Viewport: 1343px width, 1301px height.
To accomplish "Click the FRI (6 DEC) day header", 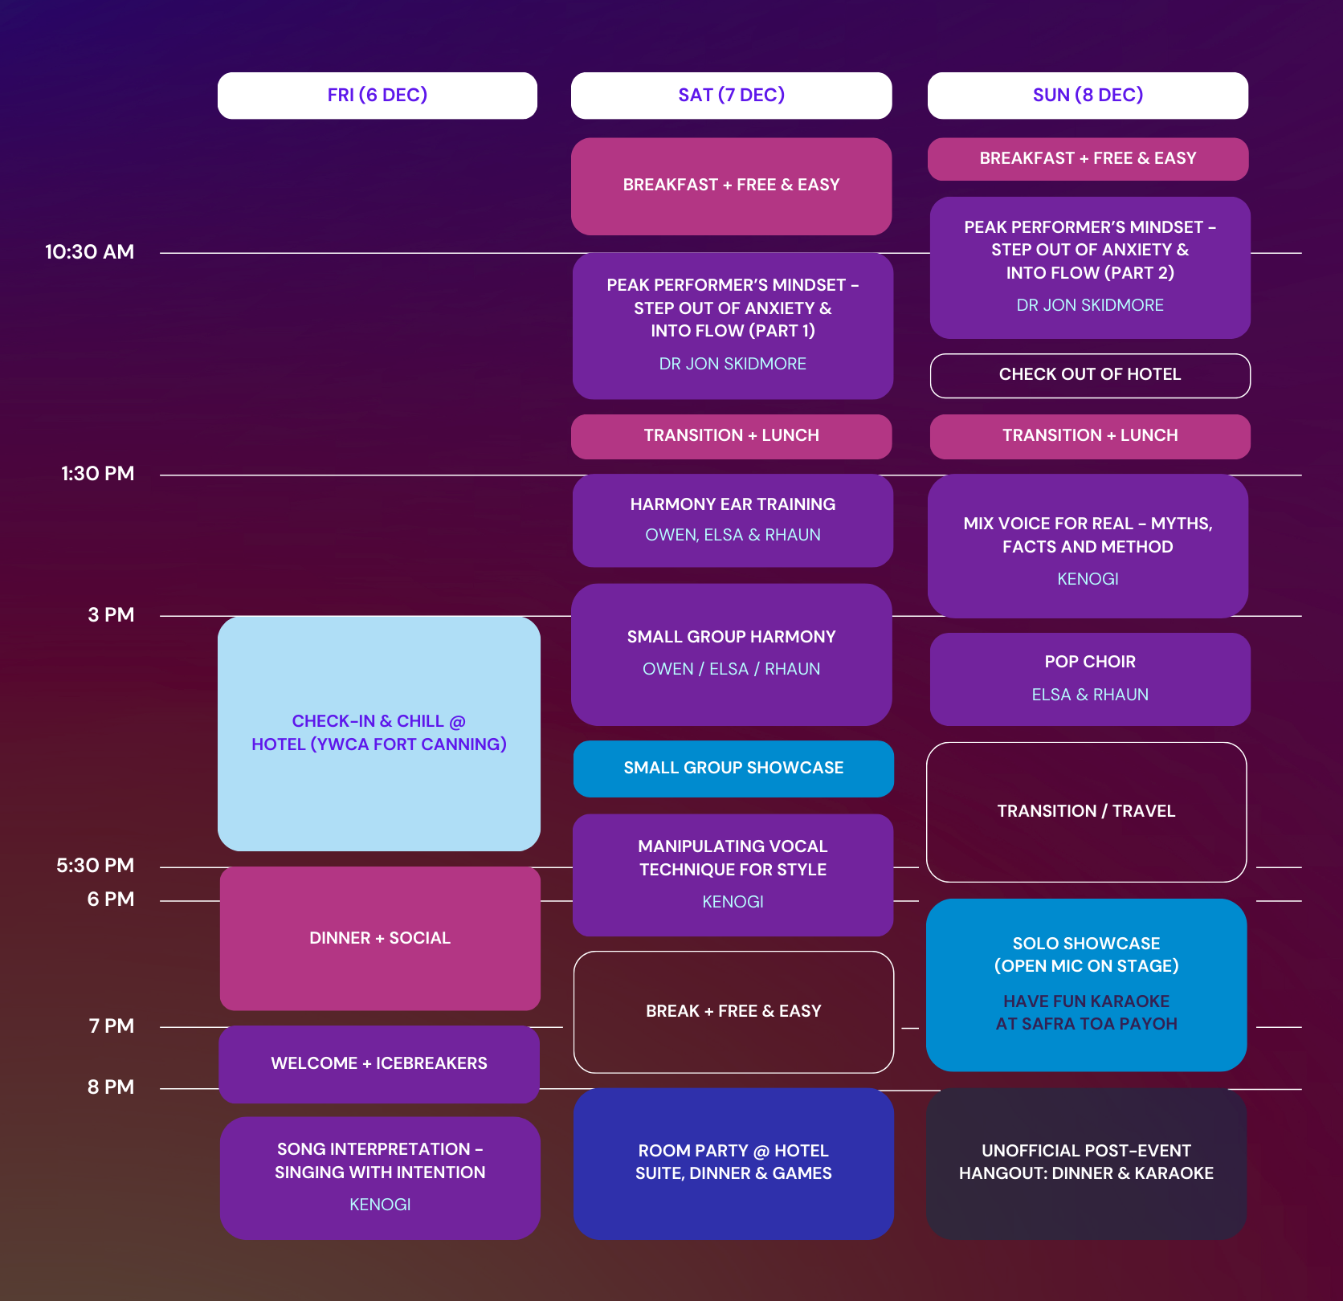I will click(x=377, y=96).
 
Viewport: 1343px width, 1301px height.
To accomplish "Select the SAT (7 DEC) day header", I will click(x=731, y=96).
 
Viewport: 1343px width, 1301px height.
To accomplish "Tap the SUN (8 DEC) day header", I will click(x=1088, y=96).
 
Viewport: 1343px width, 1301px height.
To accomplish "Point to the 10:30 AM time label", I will click(x=89, y=252).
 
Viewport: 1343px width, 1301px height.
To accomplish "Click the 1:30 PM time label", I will click(x=97, y=474).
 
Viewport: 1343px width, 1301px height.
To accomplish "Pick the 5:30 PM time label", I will click(x=95, y=866).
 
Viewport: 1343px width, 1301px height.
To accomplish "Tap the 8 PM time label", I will click(x=110, y=1087).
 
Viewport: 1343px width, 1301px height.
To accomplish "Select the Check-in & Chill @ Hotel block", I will click(x=378, y=733).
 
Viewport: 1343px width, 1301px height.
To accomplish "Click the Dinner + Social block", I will click(x=380, y=938).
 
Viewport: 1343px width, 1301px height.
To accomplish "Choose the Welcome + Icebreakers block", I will click(x=379, y=1063).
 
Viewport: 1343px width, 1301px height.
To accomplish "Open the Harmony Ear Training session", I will click(x=733, y=520).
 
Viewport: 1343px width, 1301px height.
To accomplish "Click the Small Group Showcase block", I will click(x=733, y=769).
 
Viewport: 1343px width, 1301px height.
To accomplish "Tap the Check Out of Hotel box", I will click(x=1090, y=375).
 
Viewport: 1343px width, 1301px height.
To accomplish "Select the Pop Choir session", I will click(x=1090, y=679).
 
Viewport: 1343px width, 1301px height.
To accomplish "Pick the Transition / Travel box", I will click(x=1086, y=812).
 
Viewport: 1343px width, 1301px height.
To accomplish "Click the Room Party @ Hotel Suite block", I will click(x=733, y=1163).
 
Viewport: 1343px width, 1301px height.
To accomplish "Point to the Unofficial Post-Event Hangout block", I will click(x=1086, y=1163).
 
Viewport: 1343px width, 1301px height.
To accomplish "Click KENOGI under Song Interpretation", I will click(x=380, y=1205).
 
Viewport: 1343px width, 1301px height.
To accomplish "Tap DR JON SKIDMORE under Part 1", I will click(x=733, y=364).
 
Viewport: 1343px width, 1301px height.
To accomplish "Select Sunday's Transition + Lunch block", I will click(x=1090, y=436).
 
